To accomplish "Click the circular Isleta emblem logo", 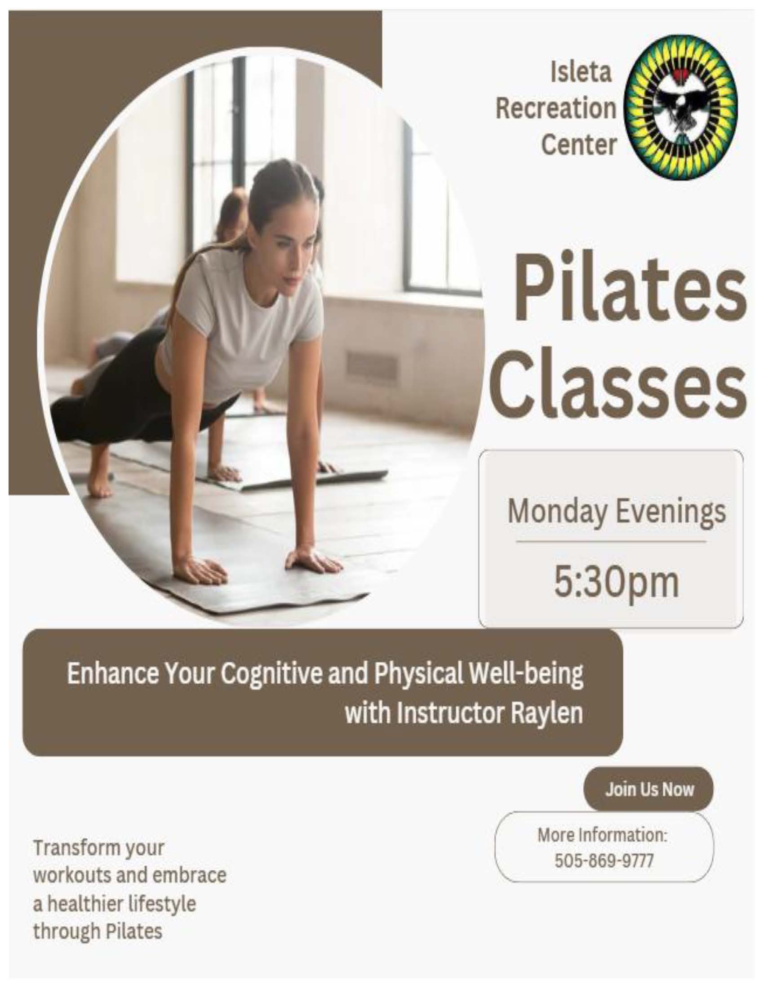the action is pyautogui.click(x=681, y=108).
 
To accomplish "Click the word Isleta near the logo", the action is pyautogui.click(x=581, y=72).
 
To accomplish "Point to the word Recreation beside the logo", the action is pyautogui.click(x=556, y=109).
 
